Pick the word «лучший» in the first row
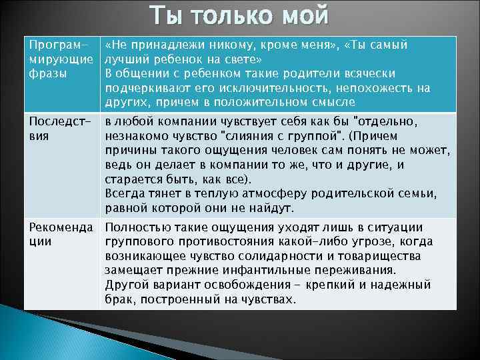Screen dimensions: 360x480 127,59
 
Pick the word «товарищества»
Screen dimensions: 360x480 378,256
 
